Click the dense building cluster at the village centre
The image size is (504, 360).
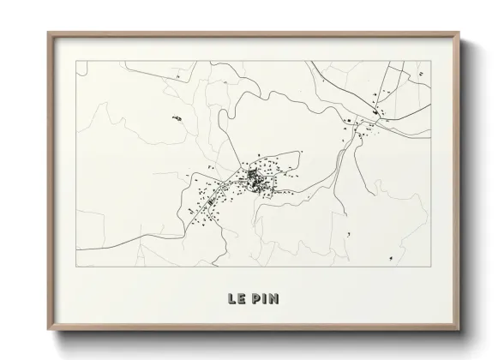coord(255,178)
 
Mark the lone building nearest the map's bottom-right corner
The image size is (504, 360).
coord(391,256)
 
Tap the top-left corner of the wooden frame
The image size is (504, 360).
coord(48,33)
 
